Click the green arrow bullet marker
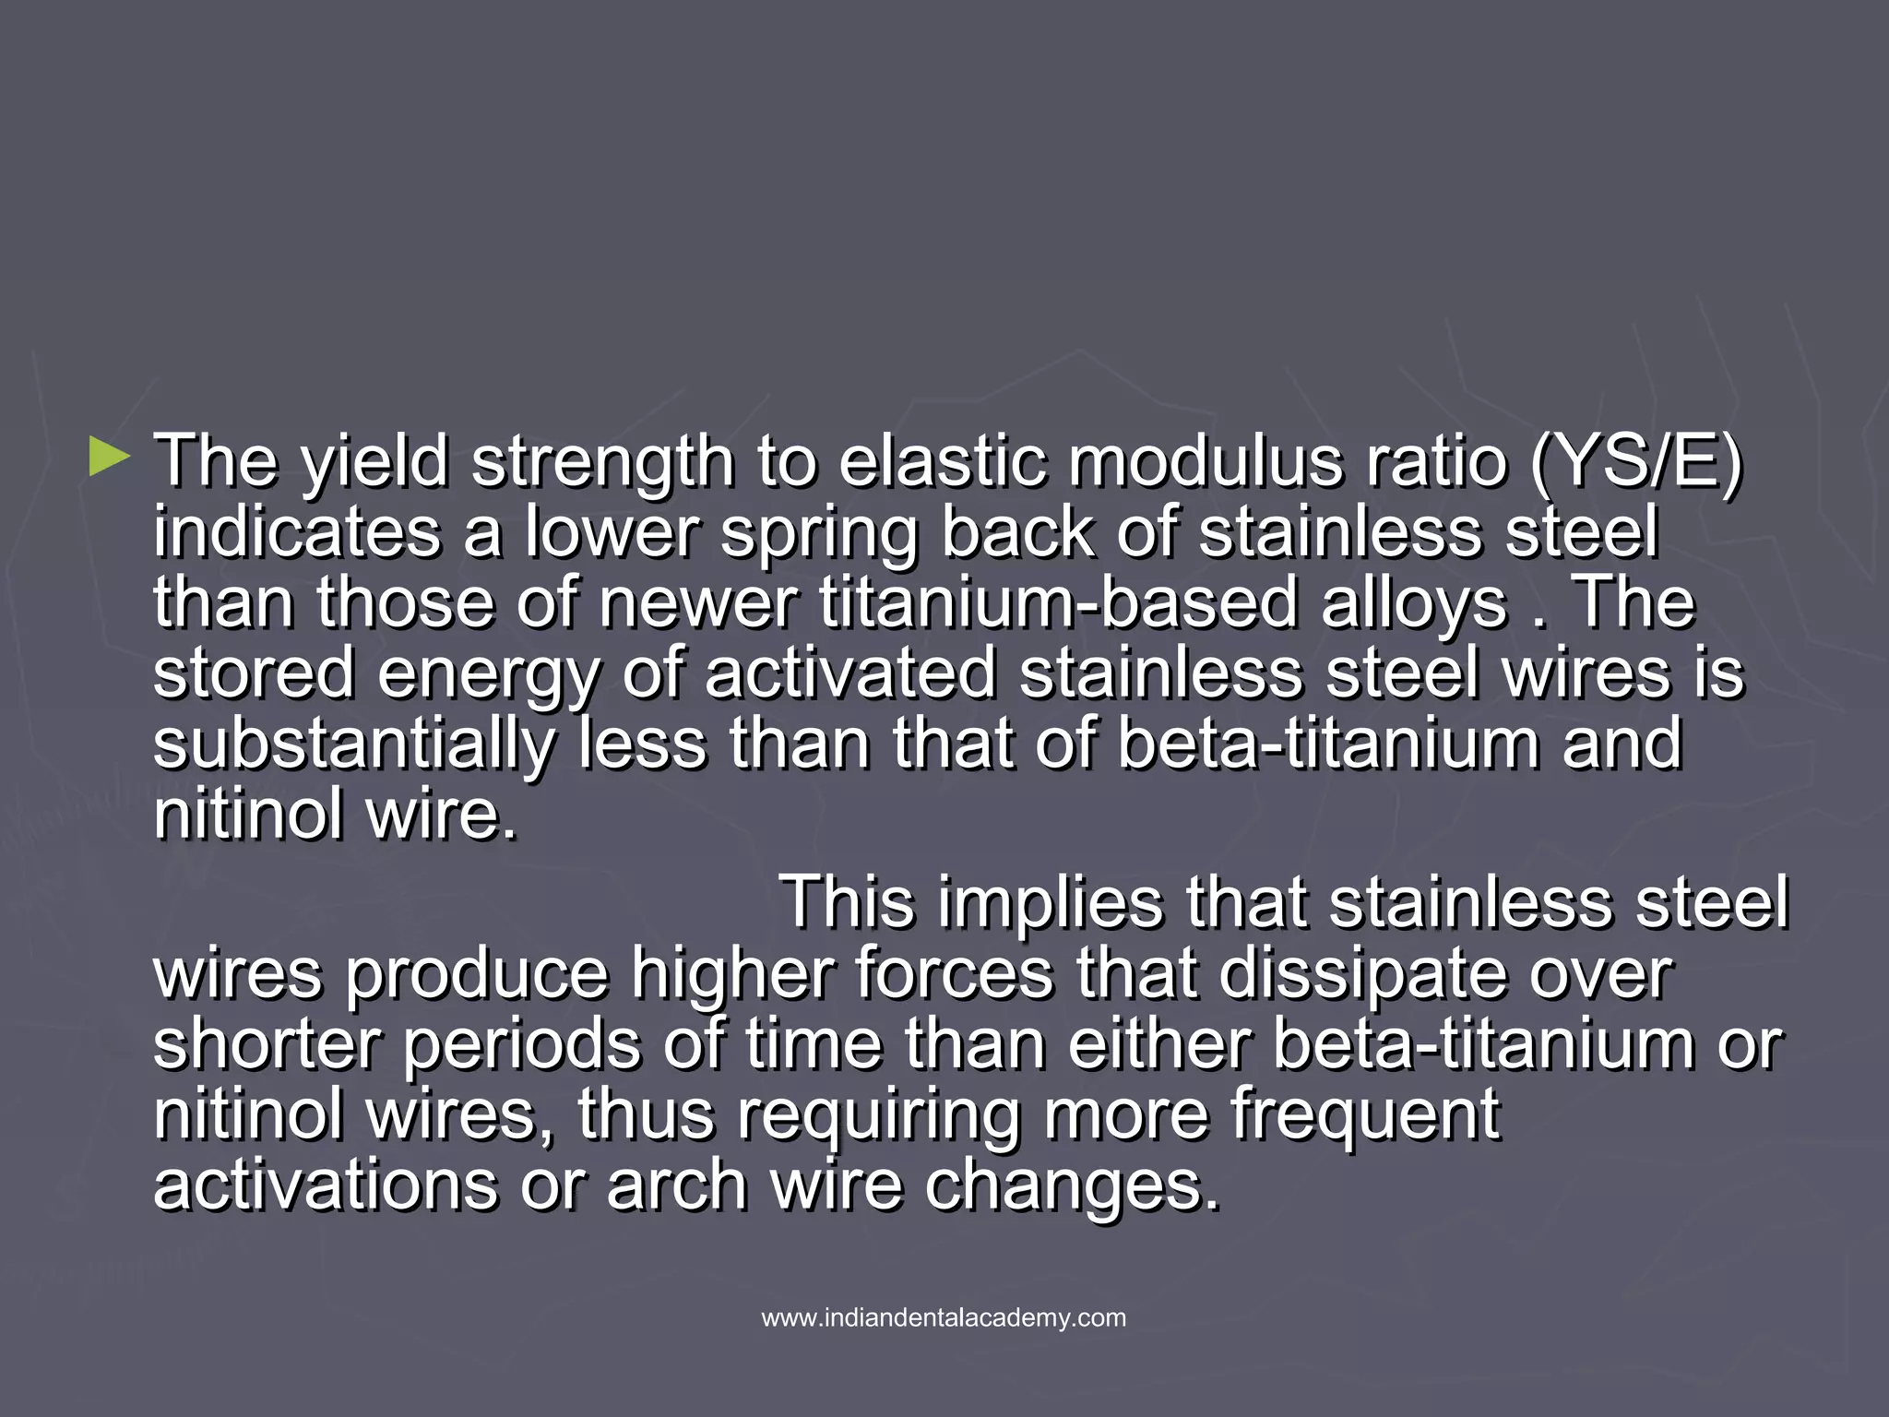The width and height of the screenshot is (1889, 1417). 110,458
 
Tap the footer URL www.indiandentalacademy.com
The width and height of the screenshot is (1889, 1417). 944,1317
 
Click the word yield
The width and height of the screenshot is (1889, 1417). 374,463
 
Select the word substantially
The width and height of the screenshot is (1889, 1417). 354,745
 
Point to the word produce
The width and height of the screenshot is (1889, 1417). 476,975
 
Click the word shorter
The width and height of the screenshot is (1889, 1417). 267,1044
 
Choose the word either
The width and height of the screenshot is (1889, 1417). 1158,1044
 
